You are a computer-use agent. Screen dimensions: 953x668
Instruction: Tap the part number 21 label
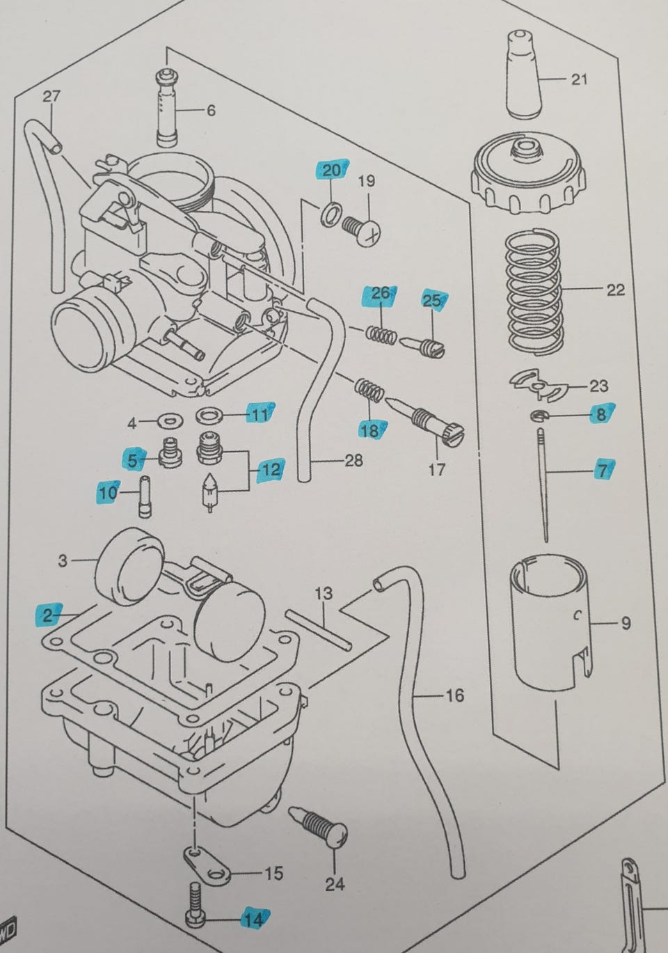click(578, 79)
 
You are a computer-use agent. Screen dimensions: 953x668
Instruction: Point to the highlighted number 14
click(253, 919)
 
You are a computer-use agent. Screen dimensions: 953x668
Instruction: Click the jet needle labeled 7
click(543, 484)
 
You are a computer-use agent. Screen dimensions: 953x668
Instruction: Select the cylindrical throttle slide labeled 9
click(546, 623)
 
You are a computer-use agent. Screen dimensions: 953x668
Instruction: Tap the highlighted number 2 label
click(48, 615)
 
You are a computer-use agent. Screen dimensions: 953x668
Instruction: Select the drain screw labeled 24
click(321, 826)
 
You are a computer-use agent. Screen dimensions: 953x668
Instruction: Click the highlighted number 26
click(380, 294)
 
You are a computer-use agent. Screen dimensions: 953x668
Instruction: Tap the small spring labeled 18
click(370, 391)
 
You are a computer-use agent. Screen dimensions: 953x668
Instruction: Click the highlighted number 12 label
click(270, 470)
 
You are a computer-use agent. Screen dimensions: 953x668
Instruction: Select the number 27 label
click(51, 97)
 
